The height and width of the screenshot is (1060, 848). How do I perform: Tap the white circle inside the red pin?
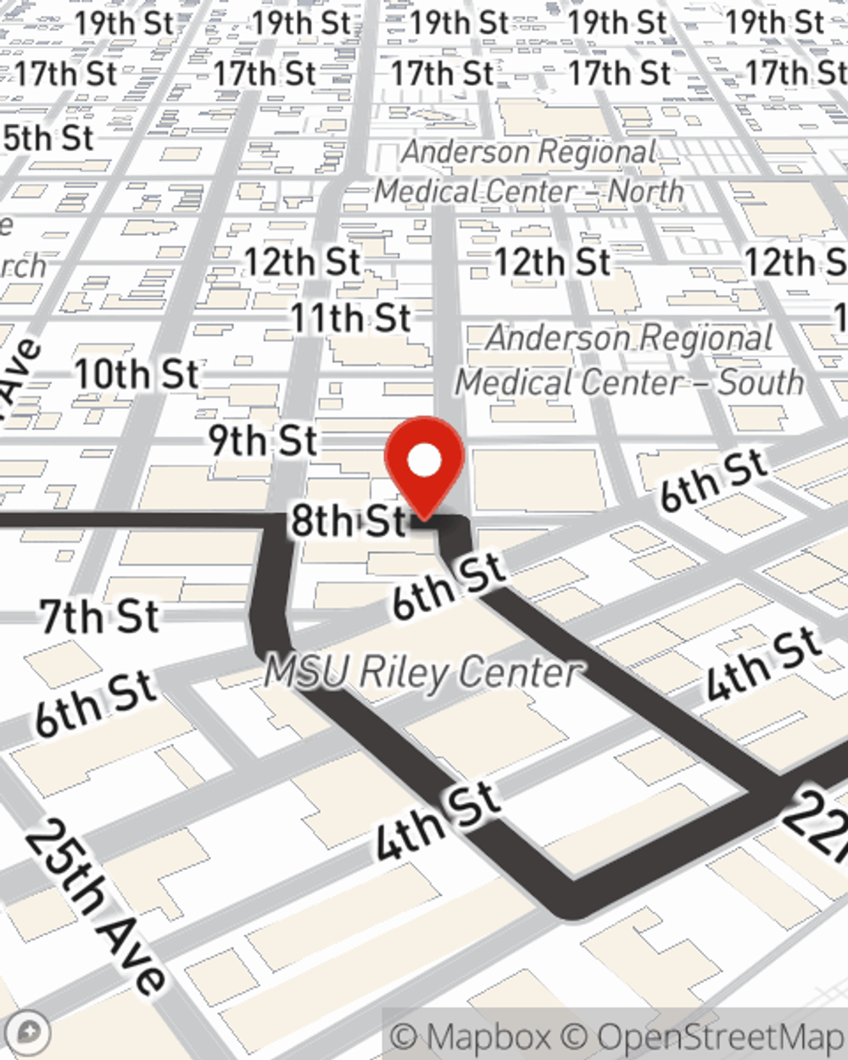click(x=425, y=460)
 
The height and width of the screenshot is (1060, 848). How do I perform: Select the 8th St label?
click(x=349, y=520)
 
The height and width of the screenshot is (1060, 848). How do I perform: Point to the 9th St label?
click(x=263, y=441)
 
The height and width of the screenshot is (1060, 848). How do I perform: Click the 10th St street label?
click(x=137, y=374)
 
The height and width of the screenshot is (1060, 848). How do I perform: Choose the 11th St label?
click(x=350, y=319)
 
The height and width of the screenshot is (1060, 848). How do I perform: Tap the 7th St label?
click(x=100, y=616)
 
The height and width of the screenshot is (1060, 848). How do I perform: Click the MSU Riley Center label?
click(x=424, y=673)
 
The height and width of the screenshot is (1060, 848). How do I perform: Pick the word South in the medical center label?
click(x=761, y=382)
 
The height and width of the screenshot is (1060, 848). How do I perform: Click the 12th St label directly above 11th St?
click(x=302, y=263)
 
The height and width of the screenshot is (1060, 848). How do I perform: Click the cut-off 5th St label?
click(x=48, y=137)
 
